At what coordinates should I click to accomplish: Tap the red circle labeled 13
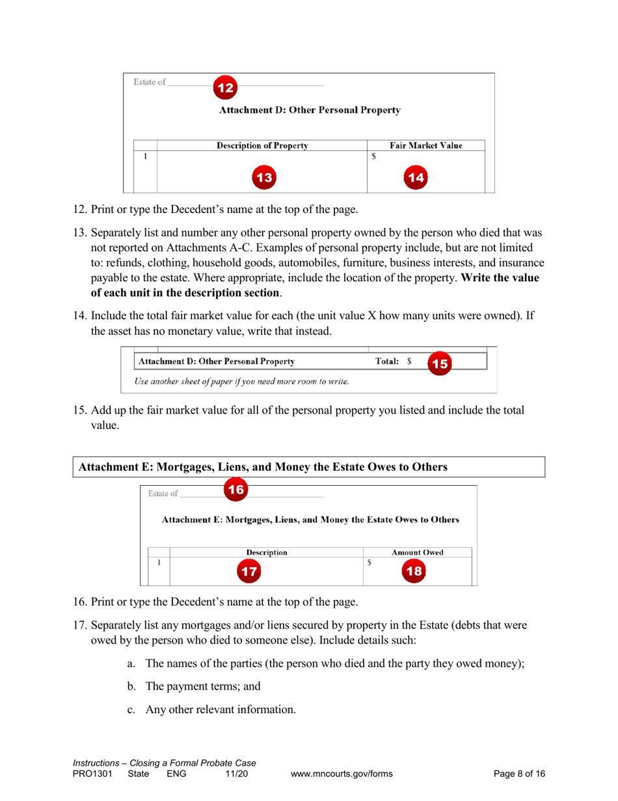[x=263, y=177]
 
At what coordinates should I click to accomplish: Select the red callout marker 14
[x=416, y=177]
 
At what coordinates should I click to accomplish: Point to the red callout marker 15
[x=440, y=363]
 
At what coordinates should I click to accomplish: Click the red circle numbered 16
[x=236, y=490]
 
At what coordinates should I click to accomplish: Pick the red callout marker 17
[x=248, y=572]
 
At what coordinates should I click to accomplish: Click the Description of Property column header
[x=262, y=145]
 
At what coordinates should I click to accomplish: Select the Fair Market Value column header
[x=425, y=145]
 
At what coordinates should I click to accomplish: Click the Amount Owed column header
[x=417, y=552]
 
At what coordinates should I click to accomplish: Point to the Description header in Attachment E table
[x=267, y=552]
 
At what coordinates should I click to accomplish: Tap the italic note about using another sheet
[x=241, y=381]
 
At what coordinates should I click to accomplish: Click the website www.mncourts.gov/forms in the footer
[x=342, y=774]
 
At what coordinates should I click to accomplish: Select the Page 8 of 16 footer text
[x=519, y=774]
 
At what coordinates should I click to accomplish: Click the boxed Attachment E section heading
[x=263, y=467]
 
